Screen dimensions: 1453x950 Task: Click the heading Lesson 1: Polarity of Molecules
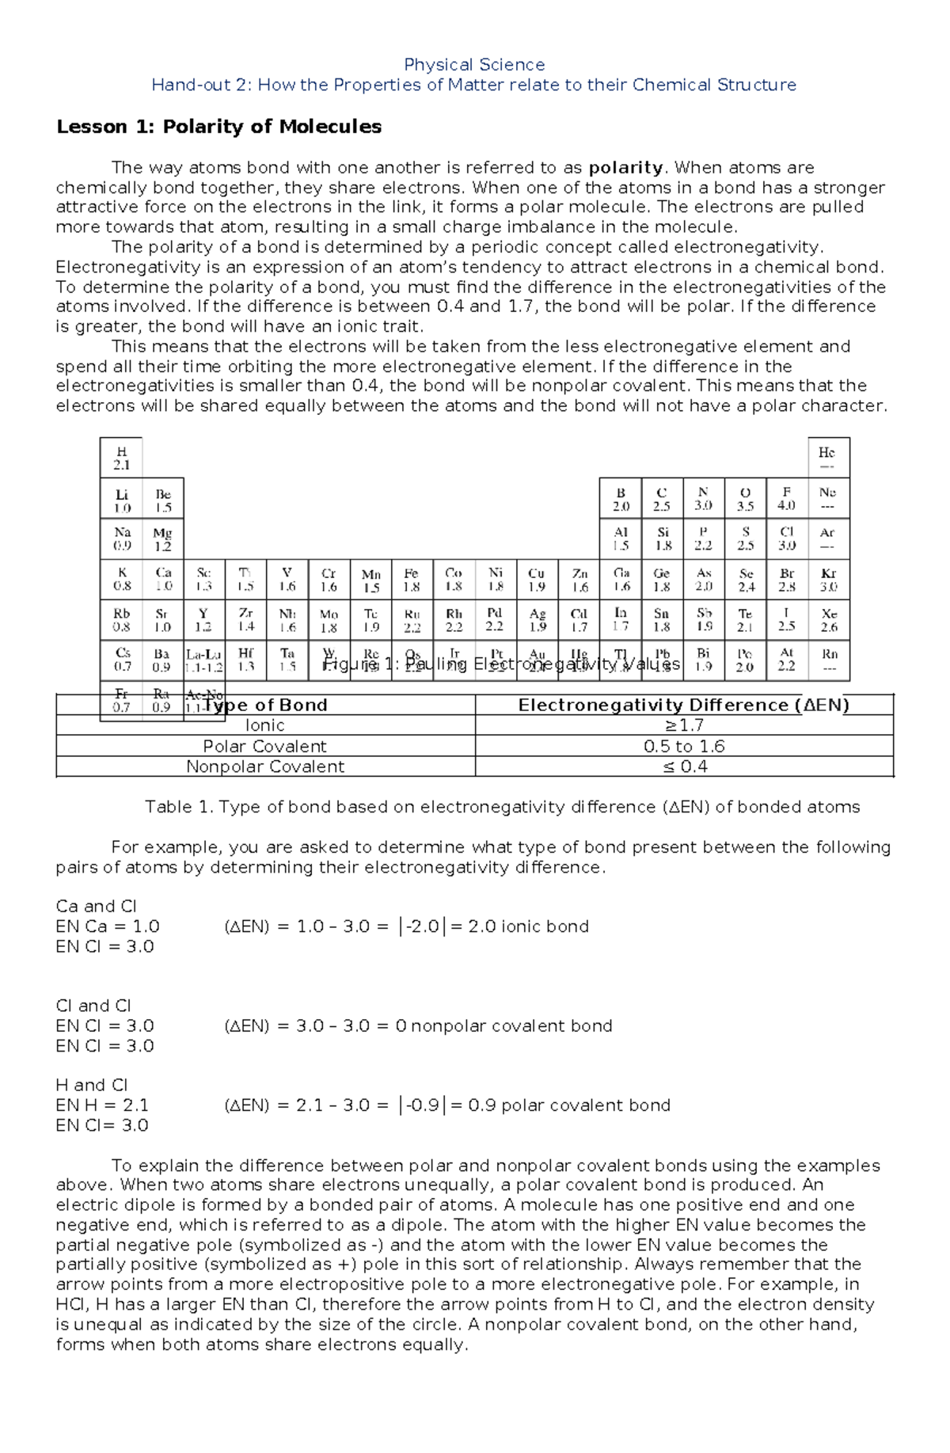click(x=218, y=127)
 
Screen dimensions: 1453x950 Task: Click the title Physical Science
click(x=473, y=65)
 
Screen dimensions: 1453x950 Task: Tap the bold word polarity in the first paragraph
click(x=625, y=168)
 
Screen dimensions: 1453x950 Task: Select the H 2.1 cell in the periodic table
click(x=121, y=458)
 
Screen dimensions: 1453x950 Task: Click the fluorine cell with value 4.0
click(x=786, y=498)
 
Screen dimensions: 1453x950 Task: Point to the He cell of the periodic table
click(x=827, y=458)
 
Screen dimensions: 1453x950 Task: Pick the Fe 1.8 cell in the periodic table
click(x=411, y=580)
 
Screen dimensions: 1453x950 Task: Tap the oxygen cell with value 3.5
click(x=745, y=498)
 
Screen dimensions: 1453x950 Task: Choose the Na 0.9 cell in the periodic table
click(x=121, y=538)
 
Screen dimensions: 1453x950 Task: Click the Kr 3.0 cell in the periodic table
click(x=828, y=580)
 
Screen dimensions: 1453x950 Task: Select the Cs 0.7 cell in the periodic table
click(x=121, y=660)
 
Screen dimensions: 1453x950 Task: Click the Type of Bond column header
click(x=265, y=706)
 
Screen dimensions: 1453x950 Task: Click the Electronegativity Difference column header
click(x=683, y=706)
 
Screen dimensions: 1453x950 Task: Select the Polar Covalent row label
click(x=264, y=747)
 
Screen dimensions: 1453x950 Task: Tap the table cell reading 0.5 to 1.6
click(x=684, y=747)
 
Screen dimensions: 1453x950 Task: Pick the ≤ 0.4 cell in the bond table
click(x=684, y=766)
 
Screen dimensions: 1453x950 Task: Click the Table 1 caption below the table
click(x=502, y=807)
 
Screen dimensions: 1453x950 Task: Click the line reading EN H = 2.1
click(x=102, y=1105)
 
